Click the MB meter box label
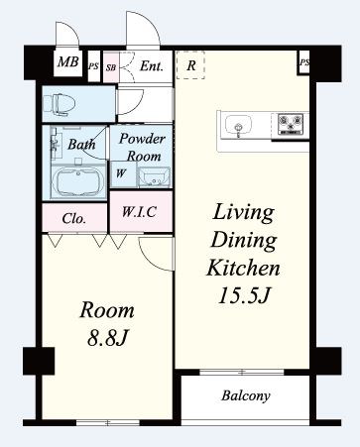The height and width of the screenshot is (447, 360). pos(68,61)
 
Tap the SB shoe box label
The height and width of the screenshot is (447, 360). pos(111,67)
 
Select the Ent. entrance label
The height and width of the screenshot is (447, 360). pos(152,66)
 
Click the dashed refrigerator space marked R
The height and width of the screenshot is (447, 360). pos(190,65)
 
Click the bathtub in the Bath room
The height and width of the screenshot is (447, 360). pos(78,182)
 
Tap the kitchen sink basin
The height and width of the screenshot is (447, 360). pos(238,125)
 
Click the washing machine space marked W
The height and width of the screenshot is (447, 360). pos(121,173)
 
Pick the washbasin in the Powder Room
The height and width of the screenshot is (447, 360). pos(154,177)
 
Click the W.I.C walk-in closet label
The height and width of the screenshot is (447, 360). pos(139,211)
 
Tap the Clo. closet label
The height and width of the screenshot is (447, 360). pos(74,218)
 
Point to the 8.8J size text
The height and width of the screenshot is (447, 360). pos(107,338)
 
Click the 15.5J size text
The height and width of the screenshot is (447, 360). pos(244,295)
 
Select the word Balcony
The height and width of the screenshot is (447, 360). pos(246,395)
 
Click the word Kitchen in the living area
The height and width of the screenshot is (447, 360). pos(243,268)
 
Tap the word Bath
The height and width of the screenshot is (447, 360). pos(81,144)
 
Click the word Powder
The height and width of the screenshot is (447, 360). pos(142,139)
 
